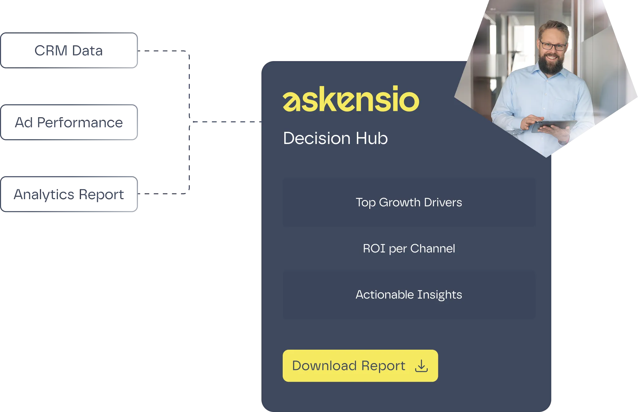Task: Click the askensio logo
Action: pyautogui.click(x=351, y=99)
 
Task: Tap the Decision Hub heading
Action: pyautogui.click(x=335, y=138)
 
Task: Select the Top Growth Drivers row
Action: pyautogui.click(x=409, y=202)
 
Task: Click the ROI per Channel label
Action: pyautogui.click(x=409, y=248)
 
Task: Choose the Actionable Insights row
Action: pyautogui.click(x=409, y=295)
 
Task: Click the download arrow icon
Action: pyautogui.click(x=421, y=366)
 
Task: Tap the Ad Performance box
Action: pyautogui.click(x=69, y=123)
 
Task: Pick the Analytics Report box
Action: pyautogui.click(x=69, y=194)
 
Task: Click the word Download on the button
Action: pyautogui.click(x=324, y=366)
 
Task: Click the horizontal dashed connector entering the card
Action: pyautogui.click(x=224, y=122)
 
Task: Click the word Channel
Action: pyautogui.click(x=433, y=248)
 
